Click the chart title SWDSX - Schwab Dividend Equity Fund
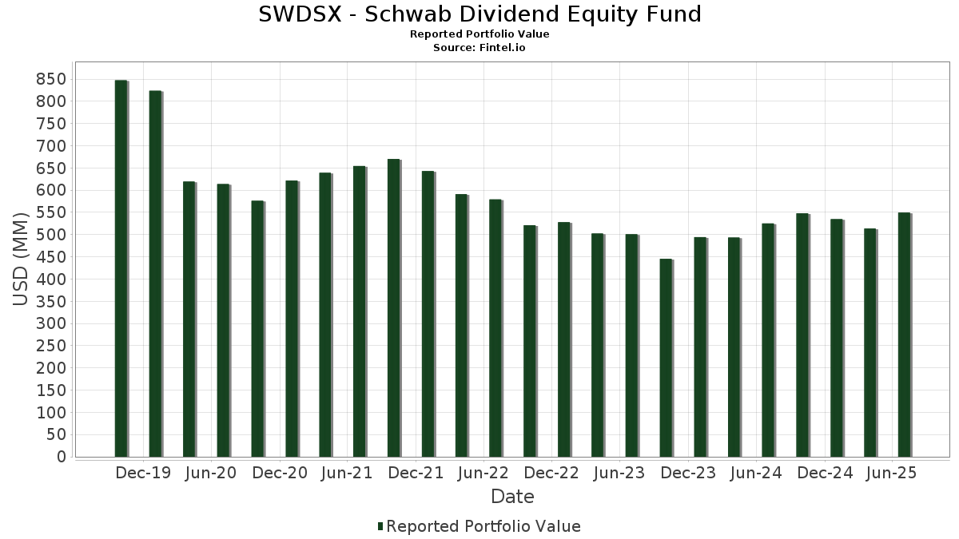(479, 14)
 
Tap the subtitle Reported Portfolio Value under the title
(479, 34)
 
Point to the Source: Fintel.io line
(479, 48)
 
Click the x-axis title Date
(512, 497)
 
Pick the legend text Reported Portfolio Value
(483, 526)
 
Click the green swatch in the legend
(380, 526)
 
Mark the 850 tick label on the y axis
(50, 79)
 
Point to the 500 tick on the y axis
(50, 235)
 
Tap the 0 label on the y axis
(61, 457)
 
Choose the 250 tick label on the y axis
(50, 346)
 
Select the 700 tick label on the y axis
(50, 146)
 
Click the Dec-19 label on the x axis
(143, 474)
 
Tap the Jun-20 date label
(210, 474)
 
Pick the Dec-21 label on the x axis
(416, 474)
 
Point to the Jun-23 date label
(619, 474)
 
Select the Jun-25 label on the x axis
(892, 474)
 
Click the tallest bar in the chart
(121, 268)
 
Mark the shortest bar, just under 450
(666, 358)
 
